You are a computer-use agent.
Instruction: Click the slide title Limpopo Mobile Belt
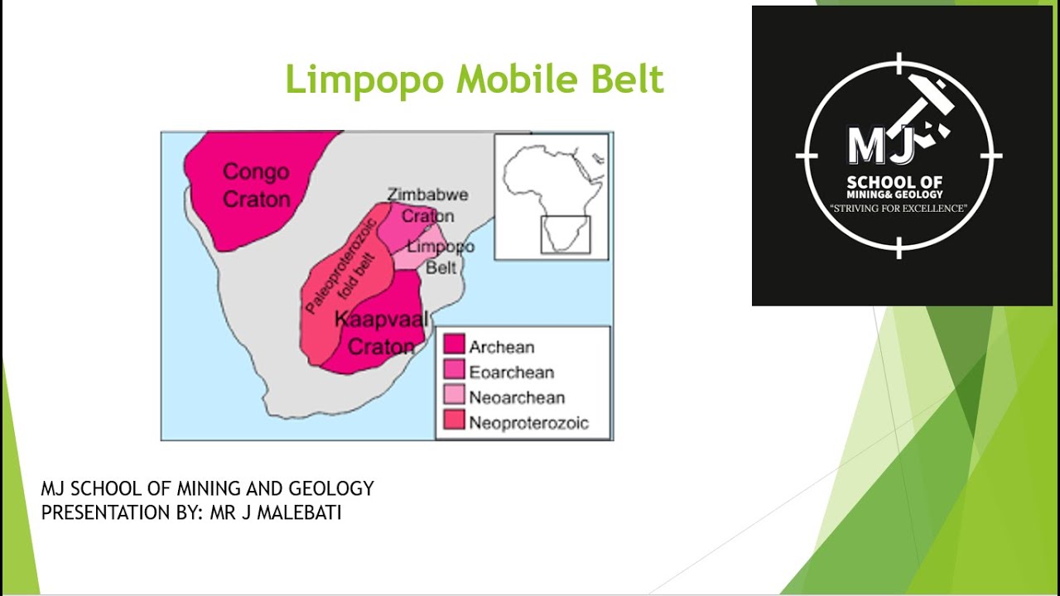point(475,80)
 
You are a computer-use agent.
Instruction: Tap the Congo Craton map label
point(257,185)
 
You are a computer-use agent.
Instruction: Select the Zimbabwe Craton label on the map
point(428,204)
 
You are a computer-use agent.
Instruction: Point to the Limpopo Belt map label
point(441,257)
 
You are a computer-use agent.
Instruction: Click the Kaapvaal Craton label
point(381,332)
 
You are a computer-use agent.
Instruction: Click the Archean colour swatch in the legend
point(454,346)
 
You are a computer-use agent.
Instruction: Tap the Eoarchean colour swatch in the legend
point(454,371)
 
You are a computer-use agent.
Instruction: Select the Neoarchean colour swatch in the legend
point(454,396)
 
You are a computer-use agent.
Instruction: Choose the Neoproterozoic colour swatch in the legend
point(454,421)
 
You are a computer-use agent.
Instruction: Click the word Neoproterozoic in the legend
point(528,422)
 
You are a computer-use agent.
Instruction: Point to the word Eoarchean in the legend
point(511,372)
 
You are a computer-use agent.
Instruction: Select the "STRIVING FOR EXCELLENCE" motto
point(899,209)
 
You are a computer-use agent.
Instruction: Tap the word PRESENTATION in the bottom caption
point(99,512)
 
